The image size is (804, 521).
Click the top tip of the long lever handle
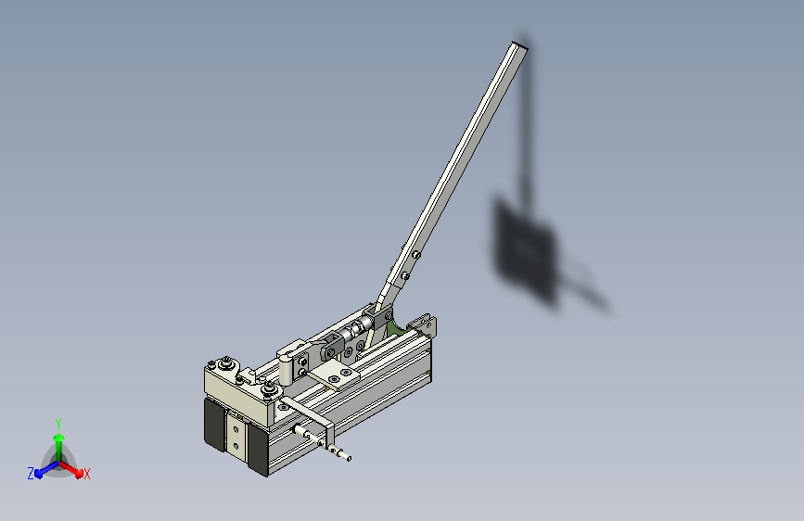pyautogui.click(x=520, y=45)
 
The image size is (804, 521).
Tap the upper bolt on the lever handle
pyautogui.click(x=417, y=254)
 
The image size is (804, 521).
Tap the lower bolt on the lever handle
pyautogui.click(x=405, y=276)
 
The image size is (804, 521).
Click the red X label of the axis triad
pyautogui.click(x=86, y=474)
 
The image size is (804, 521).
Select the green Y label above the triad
pyautogui.click(x=58, y=424)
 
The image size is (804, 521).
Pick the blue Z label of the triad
pyautogui.click(x=31, y=474)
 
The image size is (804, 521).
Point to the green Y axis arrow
pyautogui.click(x=59, y=448)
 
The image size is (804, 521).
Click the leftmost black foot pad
pyautogui.click(x=214, y=425)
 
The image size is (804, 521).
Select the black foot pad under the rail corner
pyautogui.click(x=258, y=450)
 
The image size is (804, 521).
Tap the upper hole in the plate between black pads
pyautogui.click(x=236, y=429)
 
